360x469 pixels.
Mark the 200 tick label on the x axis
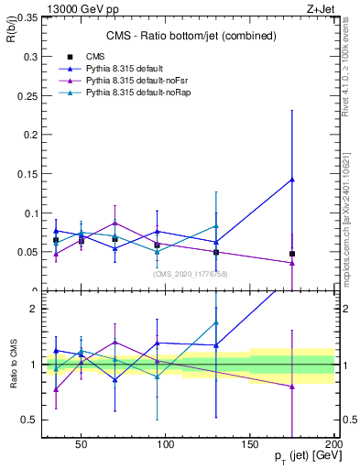334,444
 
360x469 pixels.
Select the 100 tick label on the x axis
166,444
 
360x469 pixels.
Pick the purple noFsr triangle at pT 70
115,223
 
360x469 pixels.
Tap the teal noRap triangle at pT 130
216,226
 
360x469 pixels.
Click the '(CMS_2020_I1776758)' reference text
190,274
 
